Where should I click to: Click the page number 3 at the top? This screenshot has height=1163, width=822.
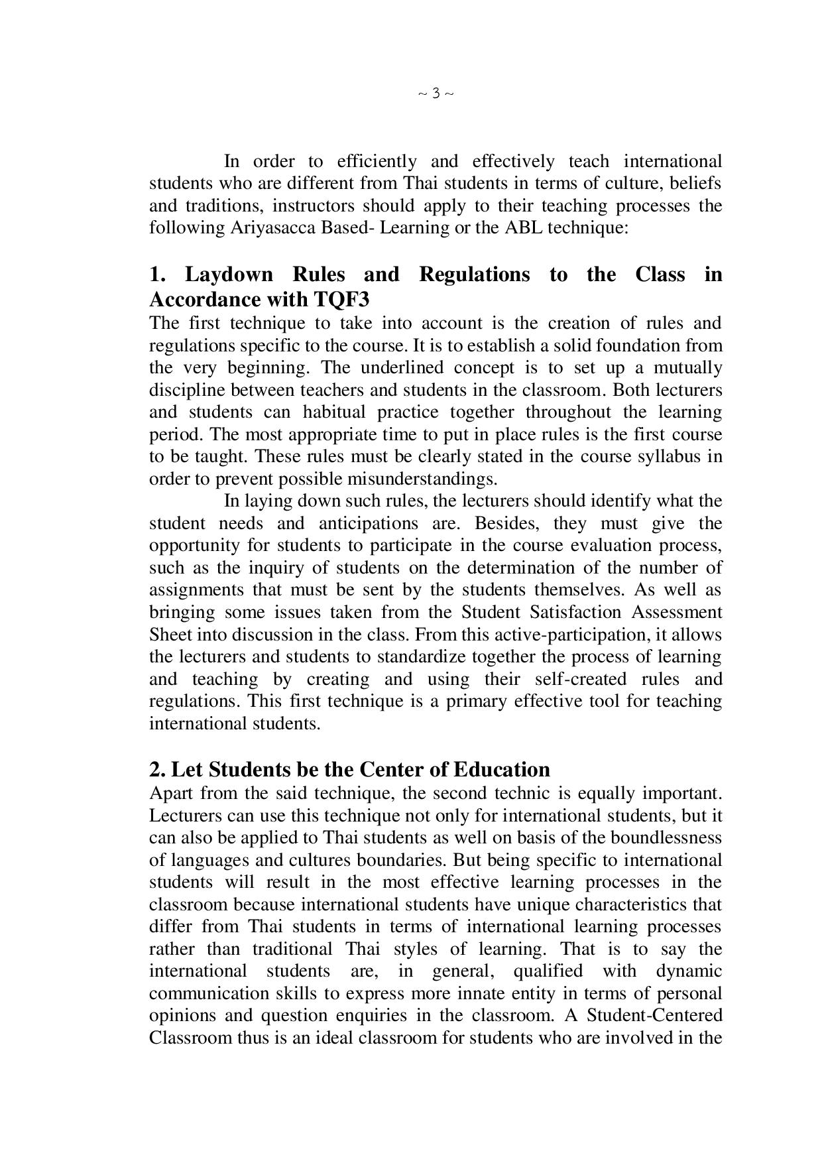[x=436, y=93]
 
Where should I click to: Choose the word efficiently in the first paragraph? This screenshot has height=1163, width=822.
[x=377, y=162]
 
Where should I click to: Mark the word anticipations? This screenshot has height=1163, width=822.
[x=369, y=524]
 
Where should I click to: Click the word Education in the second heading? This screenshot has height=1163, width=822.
[x=502, y=770]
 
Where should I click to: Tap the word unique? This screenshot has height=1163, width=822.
[x=544, y=905]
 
